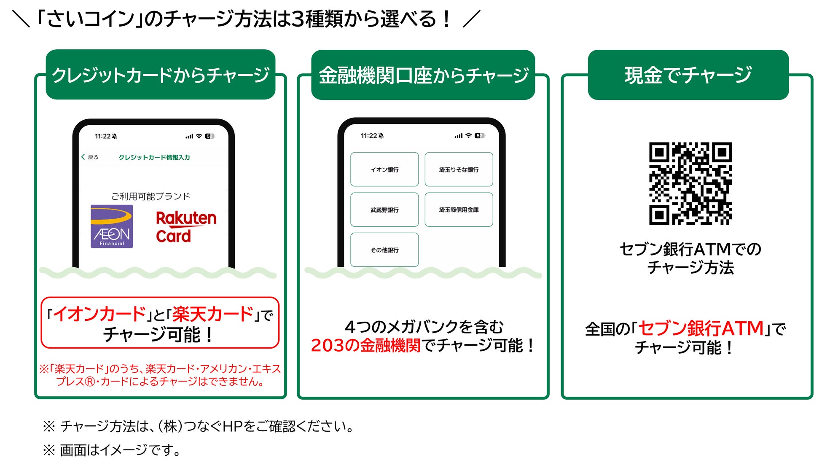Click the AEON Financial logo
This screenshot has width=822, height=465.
(112, 226)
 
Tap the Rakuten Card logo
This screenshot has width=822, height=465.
(186, 227)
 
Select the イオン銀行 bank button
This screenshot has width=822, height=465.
(384, 169)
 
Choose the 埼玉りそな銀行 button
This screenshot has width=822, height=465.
(459, 169)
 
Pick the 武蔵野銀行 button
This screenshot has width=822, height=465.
(384, 210)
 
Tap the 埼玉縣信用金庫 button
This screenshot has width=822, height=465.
(459, 210)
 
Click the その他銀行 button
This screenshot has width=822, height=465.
(384, 250)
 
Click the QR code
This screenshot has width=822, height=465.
(690, 183)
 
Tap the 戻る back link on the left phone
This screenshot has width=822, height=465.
(90, 157)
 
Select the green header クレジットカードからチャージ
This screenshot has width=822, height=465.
(161, 75)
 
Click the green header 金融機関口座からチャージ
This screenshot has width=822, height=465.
(423, 75)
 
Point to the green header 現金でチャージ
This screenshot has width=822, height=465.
(688, 75)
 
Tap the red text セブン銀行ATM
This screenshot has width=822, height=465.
(701, 329)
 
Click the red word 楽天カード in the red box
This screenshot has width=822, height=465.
(213, 314)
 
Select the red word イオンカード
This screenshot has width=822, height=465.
(99, 314)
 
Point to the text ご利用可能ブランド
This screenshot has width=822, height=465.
(150, 196)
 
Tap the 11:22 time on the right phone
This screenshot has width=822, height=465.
(369, 136)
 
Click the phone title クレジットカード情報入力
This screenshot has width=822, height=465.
(154, 157)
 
